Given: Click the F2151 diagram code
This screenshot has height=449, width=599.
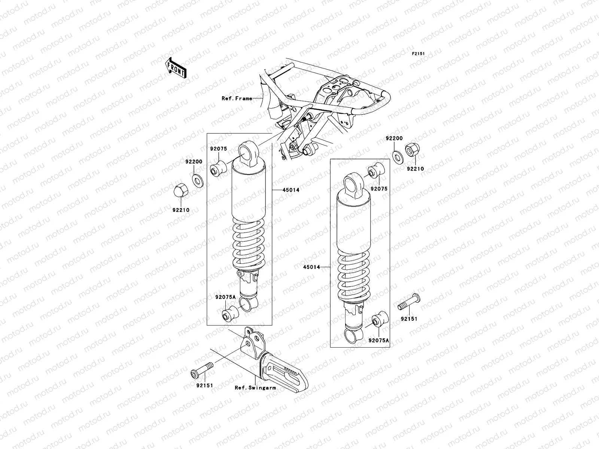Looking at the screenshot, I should point(419,54).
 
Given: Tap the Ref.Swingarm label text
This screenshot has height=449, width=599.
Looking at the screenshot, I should point(255,388).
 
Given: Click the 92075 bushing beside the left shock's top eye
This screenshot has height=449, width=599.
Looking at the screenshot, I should point(218,168).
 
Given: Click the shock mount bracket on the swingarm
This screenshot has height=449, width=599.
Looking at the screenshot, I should point(250,342).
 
